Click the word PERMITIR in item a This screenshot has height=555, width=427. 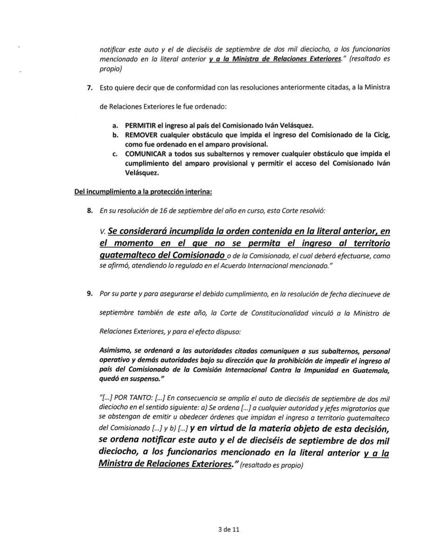(140, 126)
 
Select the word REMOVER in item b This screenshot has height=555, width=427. (139, 135)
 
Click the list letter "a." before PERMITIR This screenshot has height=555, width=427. (114, 126)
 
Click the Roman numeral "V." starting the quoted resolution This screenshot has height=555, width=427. (103, 232)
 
